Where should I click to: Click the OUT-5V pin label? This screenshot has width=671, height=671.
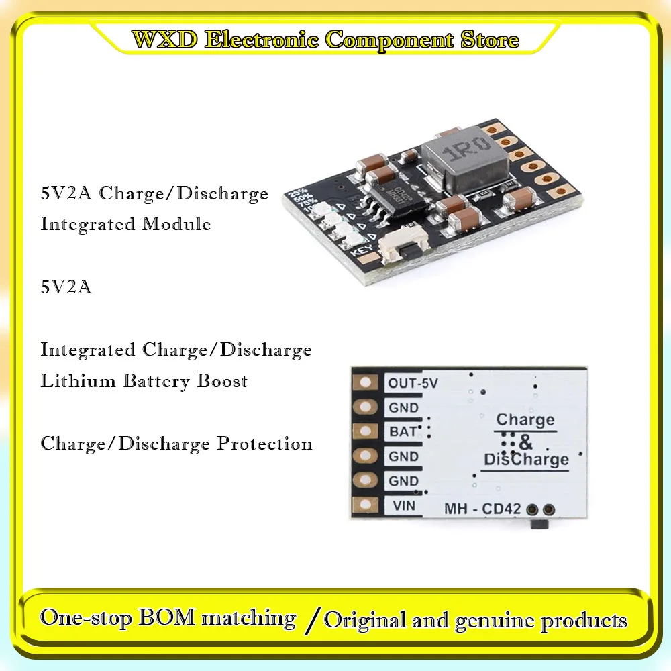pyautogui.click(x=413, y=384)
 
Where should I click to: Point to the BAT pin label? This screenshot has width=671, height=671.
pyautogui.click(x=403, y=432)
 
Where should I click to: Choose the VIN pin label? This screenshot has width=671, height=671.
pyautogui.click(x=403, y=505)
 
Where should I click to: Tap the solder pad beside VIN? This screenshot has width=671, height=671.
pyautogui.click(x=366, y=505)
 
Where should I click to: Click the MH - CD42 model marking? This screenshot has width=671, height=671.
pyautogui.click(x=482, y=509)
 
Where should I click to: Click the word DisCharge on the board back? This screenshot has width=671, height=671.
pyautogui.click(x=526, y=460)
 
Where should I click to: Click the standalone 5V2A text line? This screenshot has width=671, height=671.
pyautogui.click(x=66, y=287)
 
